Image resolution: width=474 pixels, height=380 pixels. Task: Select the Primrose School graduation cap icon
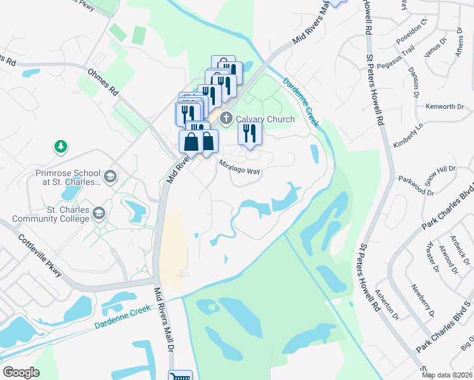(x=110, y=176)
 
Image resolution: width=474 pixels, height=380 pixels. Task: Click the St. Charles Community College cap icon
(x=98, y=214)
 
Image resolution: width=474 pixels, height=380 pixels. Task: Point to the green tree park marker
(x=60, y=147)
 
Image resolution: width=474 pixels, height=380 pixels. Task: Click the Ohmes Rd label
(x=104, y=82)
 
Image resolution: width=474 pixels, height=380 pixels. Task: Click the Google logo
(x=22, y=372)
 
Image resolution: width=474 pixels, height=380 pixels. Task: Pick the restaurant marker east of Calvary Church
(x=249, y=134)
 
